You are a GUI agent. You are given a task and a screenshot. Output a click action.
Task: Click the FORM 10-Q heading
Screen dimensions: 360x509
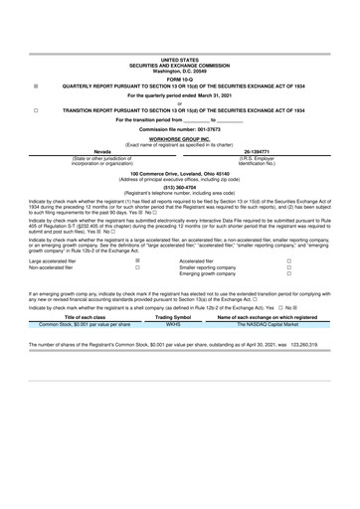(179, 79)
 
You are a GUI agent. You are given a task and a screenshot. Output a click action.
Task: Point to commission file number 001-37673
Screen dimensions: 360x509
(179, 130)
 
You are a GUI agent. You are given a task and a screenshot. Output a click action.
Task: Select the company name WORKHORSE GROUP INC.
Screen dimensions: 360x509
(179, 140)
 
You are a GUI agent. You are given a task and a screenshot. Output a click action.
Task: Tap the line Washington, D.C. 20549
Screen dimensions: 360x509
(179, 72)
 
